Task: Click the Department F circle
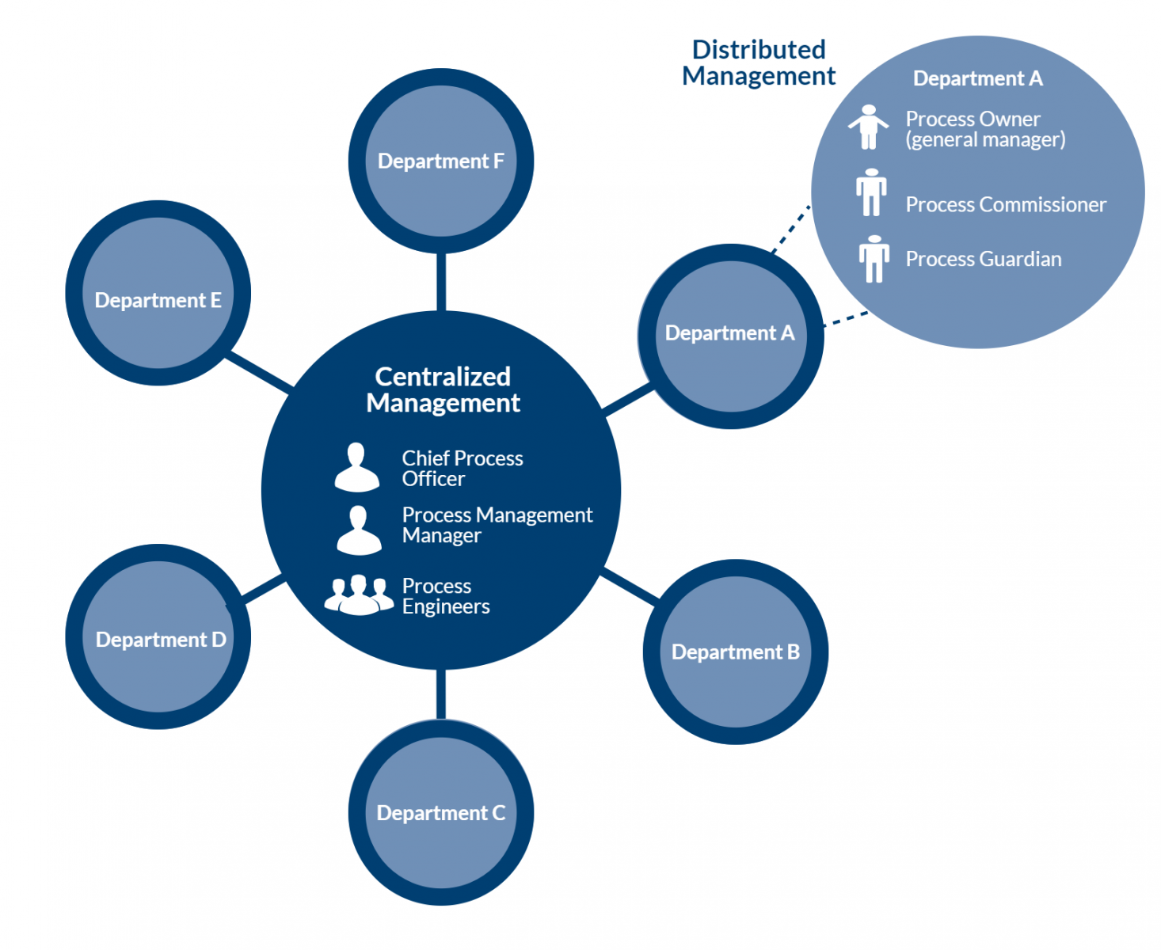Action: click(440, 161)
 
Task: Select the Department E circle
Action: click(158, 293)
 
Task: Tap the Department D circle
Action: click(158, 636)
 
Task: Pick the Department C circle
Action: click(440, 812)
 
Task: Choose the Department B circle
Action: click(735, 652)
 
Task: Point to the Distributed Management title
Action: click(758, 63)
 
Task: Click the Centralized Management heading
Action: click(443, 389)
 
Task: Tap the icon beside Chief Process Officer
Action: click(356, 467)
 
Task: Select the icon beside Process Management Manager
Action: click(359, 530)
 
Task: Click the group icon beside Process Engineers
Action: click(359, 595)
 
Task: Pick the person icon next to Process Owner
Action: click(868, 127)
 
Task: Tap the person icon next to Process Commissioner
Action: click(871, 192)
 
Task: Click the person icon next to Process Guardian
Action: click(874, 259)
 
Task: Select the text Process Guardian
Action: click(983, 259)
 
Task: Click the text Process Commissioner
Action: click(1005, 204)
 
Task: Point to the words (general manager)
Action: click(985, 140)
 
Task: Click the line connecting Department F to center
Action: click(440, 281)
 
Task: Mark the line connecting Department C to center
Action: click(440, 694)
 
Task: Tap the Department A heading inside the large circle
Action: click(977, 78)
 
